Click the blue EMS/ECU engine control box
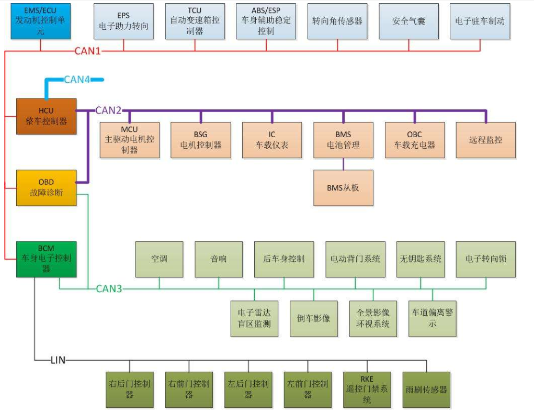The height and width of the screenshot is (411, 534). (40, 21)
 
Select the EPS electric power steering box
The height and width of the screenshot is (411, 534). (123, 21)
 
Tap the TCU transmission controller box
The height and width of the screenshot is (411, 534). (195, 21)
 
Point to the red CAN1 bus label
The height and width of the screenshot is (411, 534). (87, 51)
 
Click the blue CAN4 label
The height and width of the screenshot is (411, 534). (77, 80)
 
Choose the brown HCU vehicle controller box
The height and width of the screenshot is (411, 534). (46, 116)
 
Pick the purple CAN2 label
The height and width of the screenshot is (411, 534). (108, 110)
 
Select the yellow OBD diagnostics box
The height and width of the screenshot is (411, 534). (46, 187)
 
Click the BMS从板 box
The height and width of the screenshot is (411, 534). (343, 187)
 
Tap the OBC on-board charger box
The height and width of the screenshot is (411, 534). (414, 140)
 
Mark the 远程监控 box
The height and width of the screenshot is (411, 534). (485, 140)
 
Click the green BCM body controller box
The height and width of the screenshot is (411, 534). (46, 259)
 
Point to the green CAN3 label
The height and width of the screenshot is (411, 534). (109, 288)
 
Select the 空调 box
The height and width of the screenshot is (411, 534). (159, 259)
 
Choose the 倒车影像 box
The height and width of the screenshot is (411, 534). (313, 318)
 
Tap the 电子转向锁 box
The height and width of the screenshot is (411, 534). (485, 259)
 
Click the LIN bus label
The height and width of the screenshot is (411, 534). (58, 360)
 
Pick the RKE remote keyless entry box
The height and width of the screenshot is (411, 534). (367, 389)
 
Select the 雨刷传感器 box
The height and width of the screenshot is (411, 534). (426, 389)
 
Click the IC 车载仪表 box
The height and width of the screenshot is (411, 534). (272, 140)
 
